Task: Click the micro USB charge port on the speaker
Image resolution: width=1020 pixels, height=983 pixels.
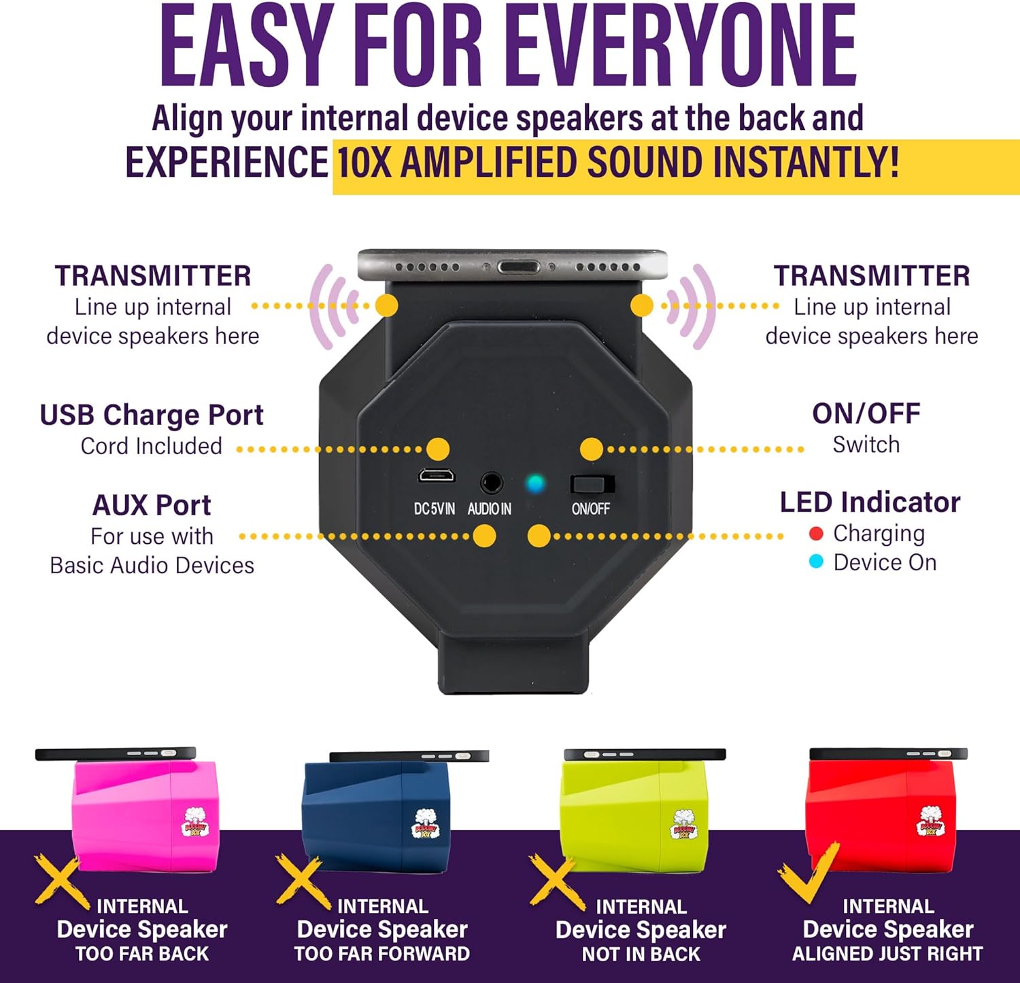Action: pos(437,476)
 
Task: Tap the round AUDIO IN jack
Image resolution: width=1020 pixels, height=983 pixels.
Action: pos(491,483)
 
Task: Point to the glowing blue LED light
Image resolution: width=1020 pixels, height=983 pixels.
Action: pos(536,483)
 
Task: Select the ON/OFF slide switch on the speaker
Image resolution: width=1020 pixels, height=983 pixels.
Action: pos(592,484)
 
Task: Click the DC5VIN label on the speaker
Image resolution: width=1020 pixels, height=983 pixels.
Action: pos(435,508)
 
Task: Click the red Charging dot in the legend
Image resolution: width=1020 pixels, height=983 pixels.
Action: pos(817,534)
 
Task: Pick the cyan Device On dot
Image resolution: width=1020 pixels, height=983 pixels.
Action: pos(817,562)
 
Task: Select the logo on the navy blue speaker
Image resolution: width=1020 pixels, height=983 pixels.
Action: pos(426,823)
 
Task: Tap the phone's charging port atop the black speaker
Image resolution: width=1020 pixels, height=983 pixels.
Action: pos(518,266)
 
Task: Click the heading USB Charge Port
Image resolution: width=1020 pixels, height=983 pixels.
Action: pos(152,415)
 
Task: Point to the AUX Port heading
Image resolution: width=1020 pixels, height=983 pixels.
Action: pos(152,505)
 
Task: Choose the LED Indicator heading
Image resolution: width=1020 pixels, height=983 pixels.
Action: pos(870,502)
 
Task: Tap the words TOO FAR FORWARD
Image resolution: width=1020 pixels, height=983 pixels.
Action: pos(382,954)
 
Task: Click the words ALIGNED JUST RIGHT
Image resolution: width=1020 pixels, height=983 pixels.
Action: pos(887,954)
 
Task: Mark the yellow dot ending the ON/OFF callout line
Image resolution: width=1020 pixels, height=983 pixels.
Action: pos(592,449)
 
